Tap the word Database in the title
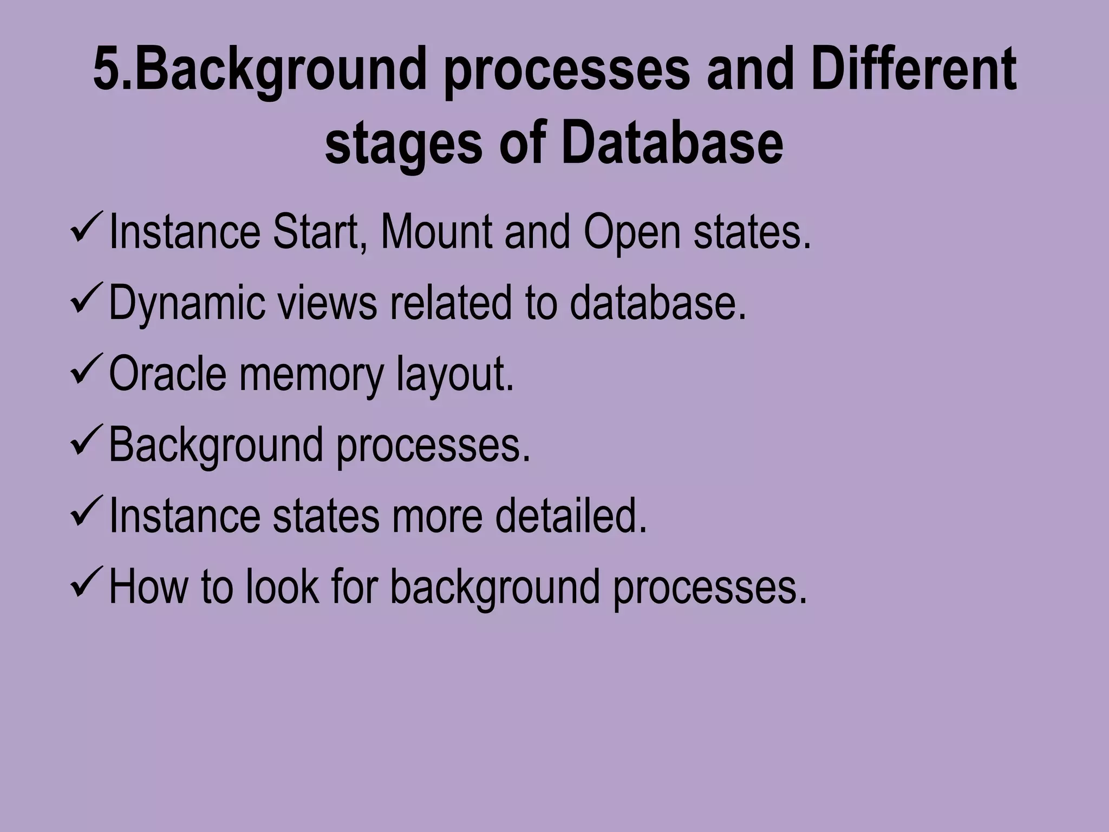(x=672, y=144)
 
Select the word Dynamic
(x=187, y=304)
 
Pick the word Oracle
(x=167, y=374)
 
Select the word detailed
(x=571, y=516)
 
